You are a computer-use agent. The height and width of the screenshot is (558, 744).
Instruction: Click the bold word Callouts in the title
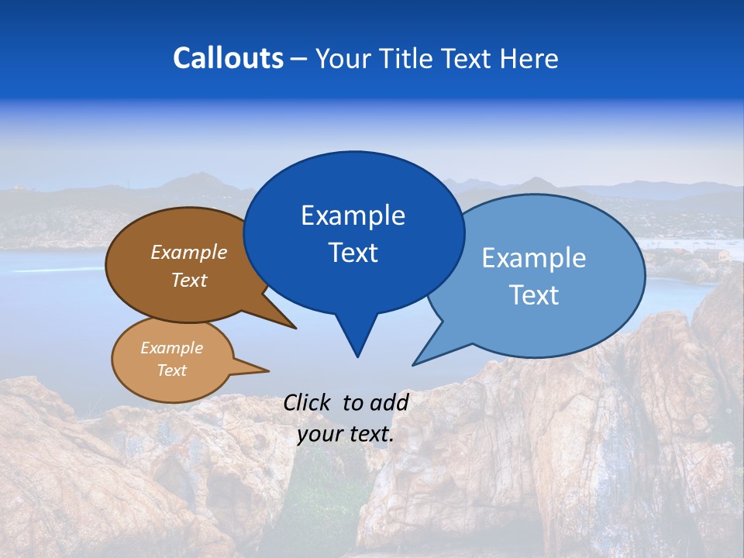pos(228,58)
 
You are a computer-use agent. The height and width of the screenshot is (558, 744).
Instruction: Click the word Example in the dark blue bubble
pos(353,215)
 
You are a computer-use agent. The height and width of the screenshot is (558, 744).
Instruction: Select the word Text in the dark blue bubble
pos(353,253)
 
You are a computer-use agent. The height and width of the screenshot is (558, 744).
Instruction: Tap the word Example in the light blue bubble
pos(533,258)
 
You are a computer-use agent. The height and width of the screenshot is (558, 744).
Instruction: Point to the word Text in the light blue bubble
pos(535,295)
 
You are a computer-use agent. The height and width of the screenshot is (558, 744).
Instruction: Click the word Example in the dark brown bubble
pos(188,252)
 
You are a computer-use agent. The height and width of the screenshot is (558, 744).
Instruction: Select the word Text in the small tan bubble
pos(171,370)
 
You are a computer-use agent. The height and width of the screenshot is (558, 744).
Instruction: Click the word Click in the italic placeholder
pos(308,402)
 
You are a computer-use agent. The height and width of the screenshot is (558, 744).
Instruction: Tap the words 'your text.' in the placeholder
pos(346,435)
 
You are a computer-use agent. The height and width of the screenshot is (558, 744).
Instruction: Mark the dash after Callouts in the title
pos(299,59)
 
